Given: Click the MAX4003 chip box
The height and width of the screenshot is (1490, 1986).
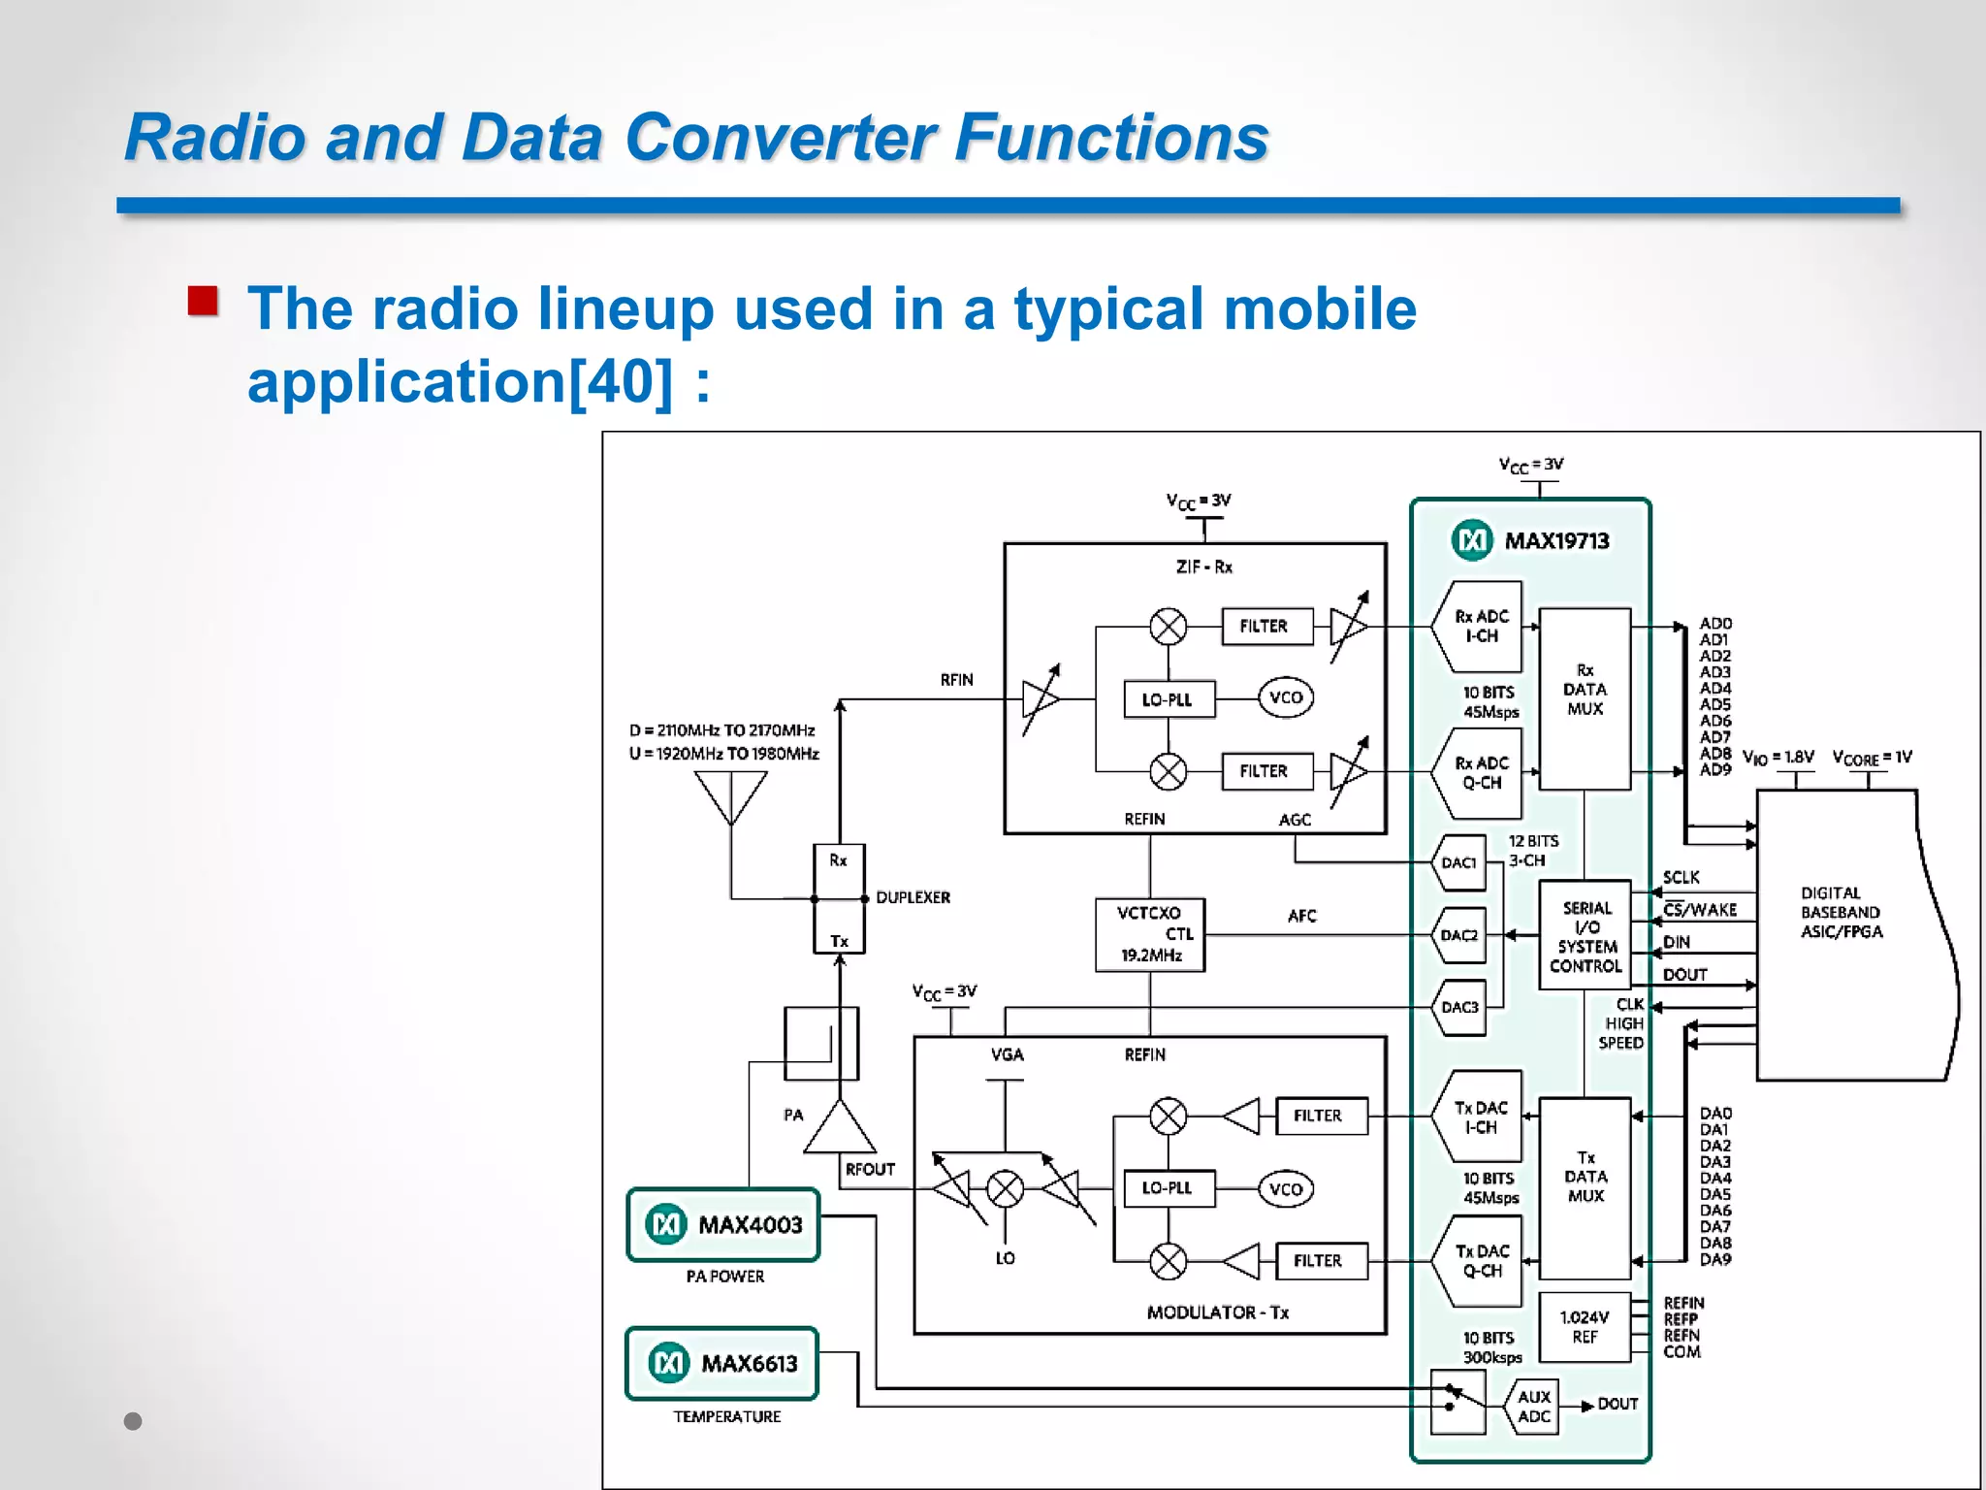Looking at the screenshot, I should click(x=723, y=1224).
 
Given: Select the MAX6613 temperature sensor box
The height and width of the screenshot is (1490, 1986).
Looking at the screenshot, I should click(x=722, y=1363).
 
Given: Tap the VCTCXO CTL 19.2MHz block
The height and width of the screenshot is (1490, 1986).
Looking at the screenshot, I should click(x=1150, y=934).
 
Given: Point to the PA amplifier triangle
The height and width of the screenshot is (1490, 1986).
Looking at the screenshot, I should click(x=840, y=1129).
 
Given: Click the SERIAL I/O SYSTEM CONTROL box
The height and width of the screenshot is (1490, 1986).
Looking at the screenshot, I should click(x=1586, y=935).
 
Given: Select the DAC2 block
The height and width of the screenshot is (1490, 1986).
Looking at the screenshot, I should click(x=1459, y=935).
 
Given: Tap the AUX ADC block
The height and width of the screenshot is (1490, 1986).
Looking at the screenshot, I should click(x=1533, y=1407).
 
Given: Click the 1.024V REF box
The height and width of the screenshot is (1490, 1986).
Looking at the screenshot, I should click(x=1585, y=1327).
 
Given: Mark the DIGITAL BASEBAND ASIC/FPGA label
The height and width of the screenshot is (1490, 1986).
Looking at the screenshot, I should click(x=1841, y=912).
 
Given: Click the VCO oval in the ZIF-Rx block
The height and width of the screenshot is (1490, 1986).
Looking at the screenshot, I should click(x=1286, y=697).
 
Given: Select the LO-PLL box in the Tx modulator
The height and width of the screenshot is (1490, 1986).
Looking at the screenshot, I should click(x=1169, y=1187).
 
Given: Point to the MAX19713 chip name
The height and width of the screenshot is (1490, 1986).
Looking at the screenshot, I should click(x=1555, y=540).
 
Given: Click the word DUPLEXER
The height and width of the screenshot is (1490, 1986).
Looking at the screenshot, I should click(x=913, y=897).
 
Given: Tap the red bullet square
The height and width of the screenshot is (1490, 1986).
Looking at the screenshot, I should click(x=204, y=301).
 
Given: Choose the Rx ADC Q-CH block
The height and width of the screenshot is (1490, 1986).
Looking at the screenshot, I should click(x=1480, y=773).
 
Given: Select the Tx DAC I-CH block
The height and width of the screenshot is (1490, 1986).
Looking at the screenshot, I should click(x=1480, y=1117).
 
